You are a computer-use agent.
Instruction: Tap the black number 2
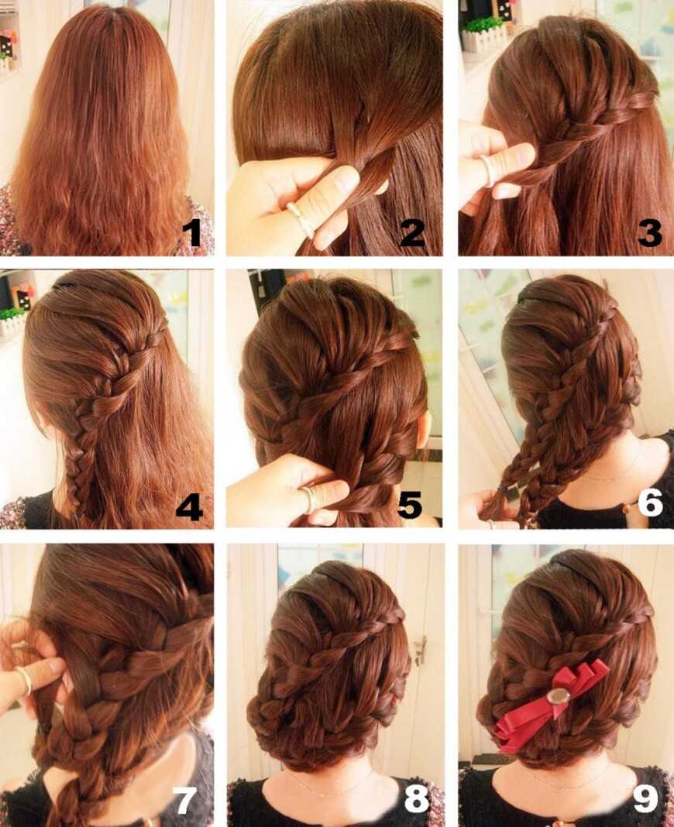pos(412,233)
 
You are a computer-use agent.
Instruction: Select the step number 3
pos(649,233)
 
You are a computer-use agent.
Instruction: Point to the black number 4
pos(190,507)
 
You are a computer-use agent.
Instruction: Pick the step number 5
pos(410,505)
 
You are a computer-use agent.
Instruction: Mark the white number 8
pos(417,799)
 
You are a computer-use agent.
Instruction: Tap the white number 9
pos(645,799)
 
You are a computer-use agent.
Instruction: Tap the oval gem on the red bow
pos(558,697)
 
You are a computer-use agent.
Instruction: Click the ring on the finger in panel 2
pos(300,218)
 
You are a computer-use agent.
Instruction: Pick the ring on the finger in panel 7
pos(24,680)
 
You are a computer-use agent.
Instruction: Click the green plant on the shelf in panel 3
pos(484,25)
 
